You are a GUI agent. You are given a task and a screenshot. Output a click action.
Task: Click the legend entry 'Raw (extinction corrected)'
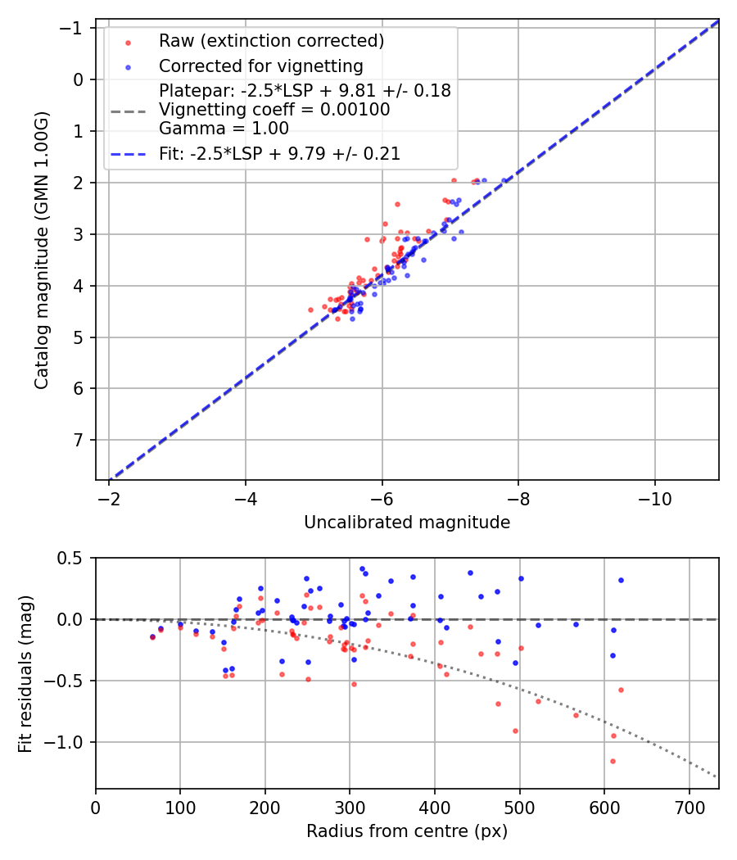tap(271, 41)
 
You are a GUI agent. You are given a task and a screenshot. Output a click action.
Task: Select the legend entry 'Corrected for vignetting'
tap(261, 66)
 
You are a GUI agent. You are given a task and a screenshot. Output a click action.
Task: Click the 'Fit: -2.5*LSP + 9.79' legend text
tap(279, 153)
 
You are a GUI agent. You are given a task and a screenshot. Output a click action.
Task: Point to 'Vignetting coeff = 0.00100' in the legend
tap(274, 109)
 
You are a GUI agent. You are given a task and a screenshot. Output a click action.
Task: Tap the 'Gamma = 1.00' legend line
tap(224, 128)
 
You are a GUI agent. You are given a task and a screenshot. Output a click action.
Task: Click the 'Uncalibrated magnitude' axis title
tap(407, 523)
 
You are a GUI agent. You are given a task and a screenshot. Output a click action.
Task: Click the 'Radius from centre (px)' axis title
tap(407, 831)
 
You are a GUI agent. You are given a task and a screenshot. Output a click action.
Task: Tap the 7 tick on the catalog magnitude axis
tap(79, 440)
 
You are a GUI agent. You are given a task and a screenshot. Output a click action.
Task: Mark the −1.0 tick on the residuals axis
tap(70, 742)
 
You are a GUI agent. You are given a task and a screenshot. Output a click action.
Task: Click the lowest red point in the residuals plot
tap(613, 761)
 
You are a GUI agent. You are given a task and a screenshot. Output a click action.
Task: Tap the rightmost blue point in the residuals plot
tap(621, 580)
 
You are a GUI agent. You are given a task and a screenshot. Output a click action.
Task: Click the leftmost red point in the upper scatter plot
tap(310, 310)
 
